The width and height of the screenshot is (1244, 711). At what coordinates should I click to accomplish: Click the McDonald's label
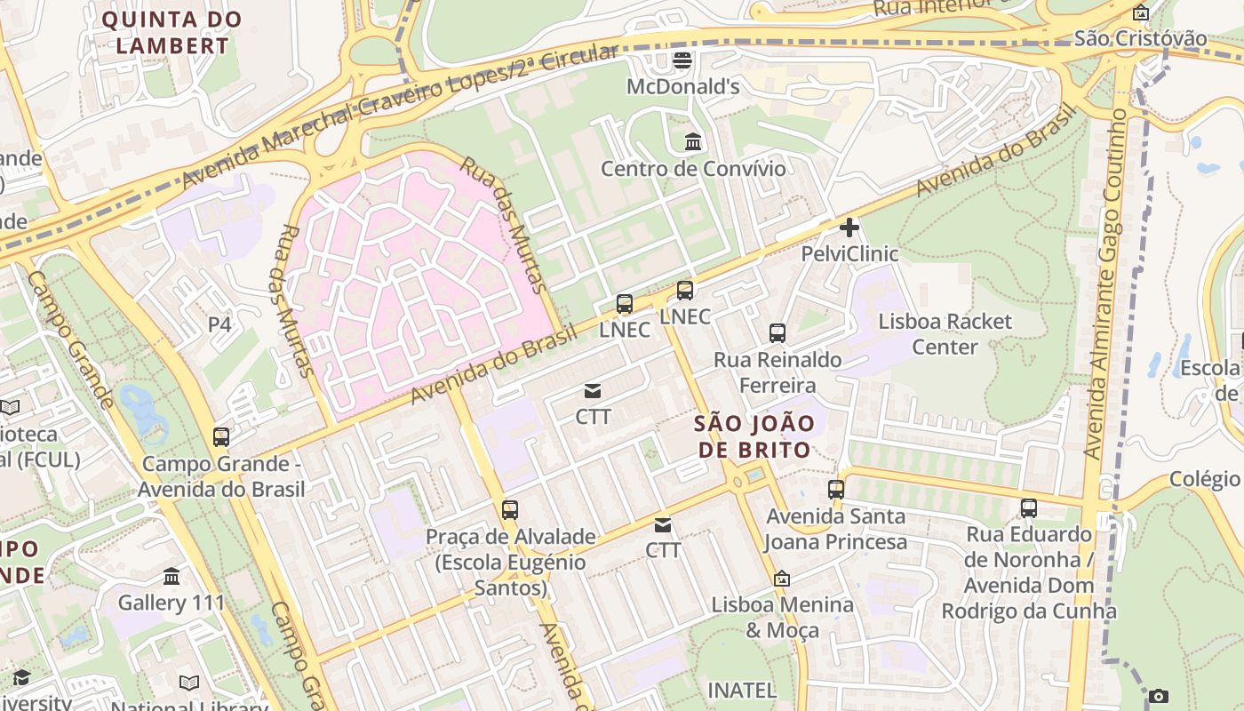click(x=682, y=87)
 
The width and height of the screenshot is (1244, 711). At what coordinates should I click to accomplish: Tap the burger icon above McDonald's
click(x=682, y=60)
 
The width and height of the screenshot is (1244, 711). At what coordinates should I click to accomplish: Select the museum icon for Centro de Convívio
click(x=693, y=142)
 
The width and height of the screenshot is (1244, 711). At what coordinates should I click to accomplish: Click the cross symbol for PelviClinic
click(x=849, y=228)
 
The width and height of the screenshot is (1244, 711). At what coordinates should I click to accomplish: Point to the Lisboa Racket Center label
click(x=945, y=333)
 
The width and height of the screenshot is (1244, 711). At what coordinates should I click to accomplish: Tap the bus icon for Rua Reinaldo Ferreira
click(x=777, y=333)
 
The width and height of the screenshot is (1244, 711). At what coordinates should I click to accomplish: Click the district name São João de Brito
click(x=754, y=436)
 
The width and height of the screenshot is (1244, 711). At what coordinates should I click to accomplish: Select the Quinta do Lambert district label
click(x=171, y=32)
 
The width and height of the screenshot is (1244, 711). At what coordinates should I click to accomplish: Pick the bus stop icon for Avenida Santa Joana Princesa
click(x=836, y=490)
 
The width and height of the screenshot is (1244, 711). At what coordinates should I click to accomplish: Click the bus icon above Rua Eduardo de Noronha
click(x=1029, y=508)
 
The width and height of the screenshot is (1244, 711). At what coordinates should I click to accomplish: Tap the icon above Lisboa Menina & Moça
click(x=782, y=579)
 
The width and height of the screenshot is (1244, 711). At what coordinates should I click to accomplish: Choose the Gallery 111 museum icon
click(x=171, y=577)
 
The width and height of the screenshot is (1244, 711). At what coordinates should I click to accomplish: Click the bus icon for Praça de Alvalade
click(x=509, y=510)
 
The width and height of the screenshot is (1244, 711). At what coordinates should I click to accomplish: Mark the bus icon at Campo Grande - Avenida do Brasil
click(x=221, y=437)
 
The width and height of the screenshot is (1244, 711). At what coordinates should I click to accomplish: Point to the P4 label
click(x=219, y=324)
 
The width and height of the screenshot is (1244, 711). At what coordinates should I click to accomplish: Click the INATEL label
click(x=742, y=690)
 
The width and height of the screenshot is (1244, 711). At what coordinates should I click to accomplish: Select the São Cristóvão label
click(x=1140, y=38)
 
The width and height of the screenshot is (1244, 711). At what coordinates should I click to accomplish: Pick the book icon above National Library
click(x=189, y=683)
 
